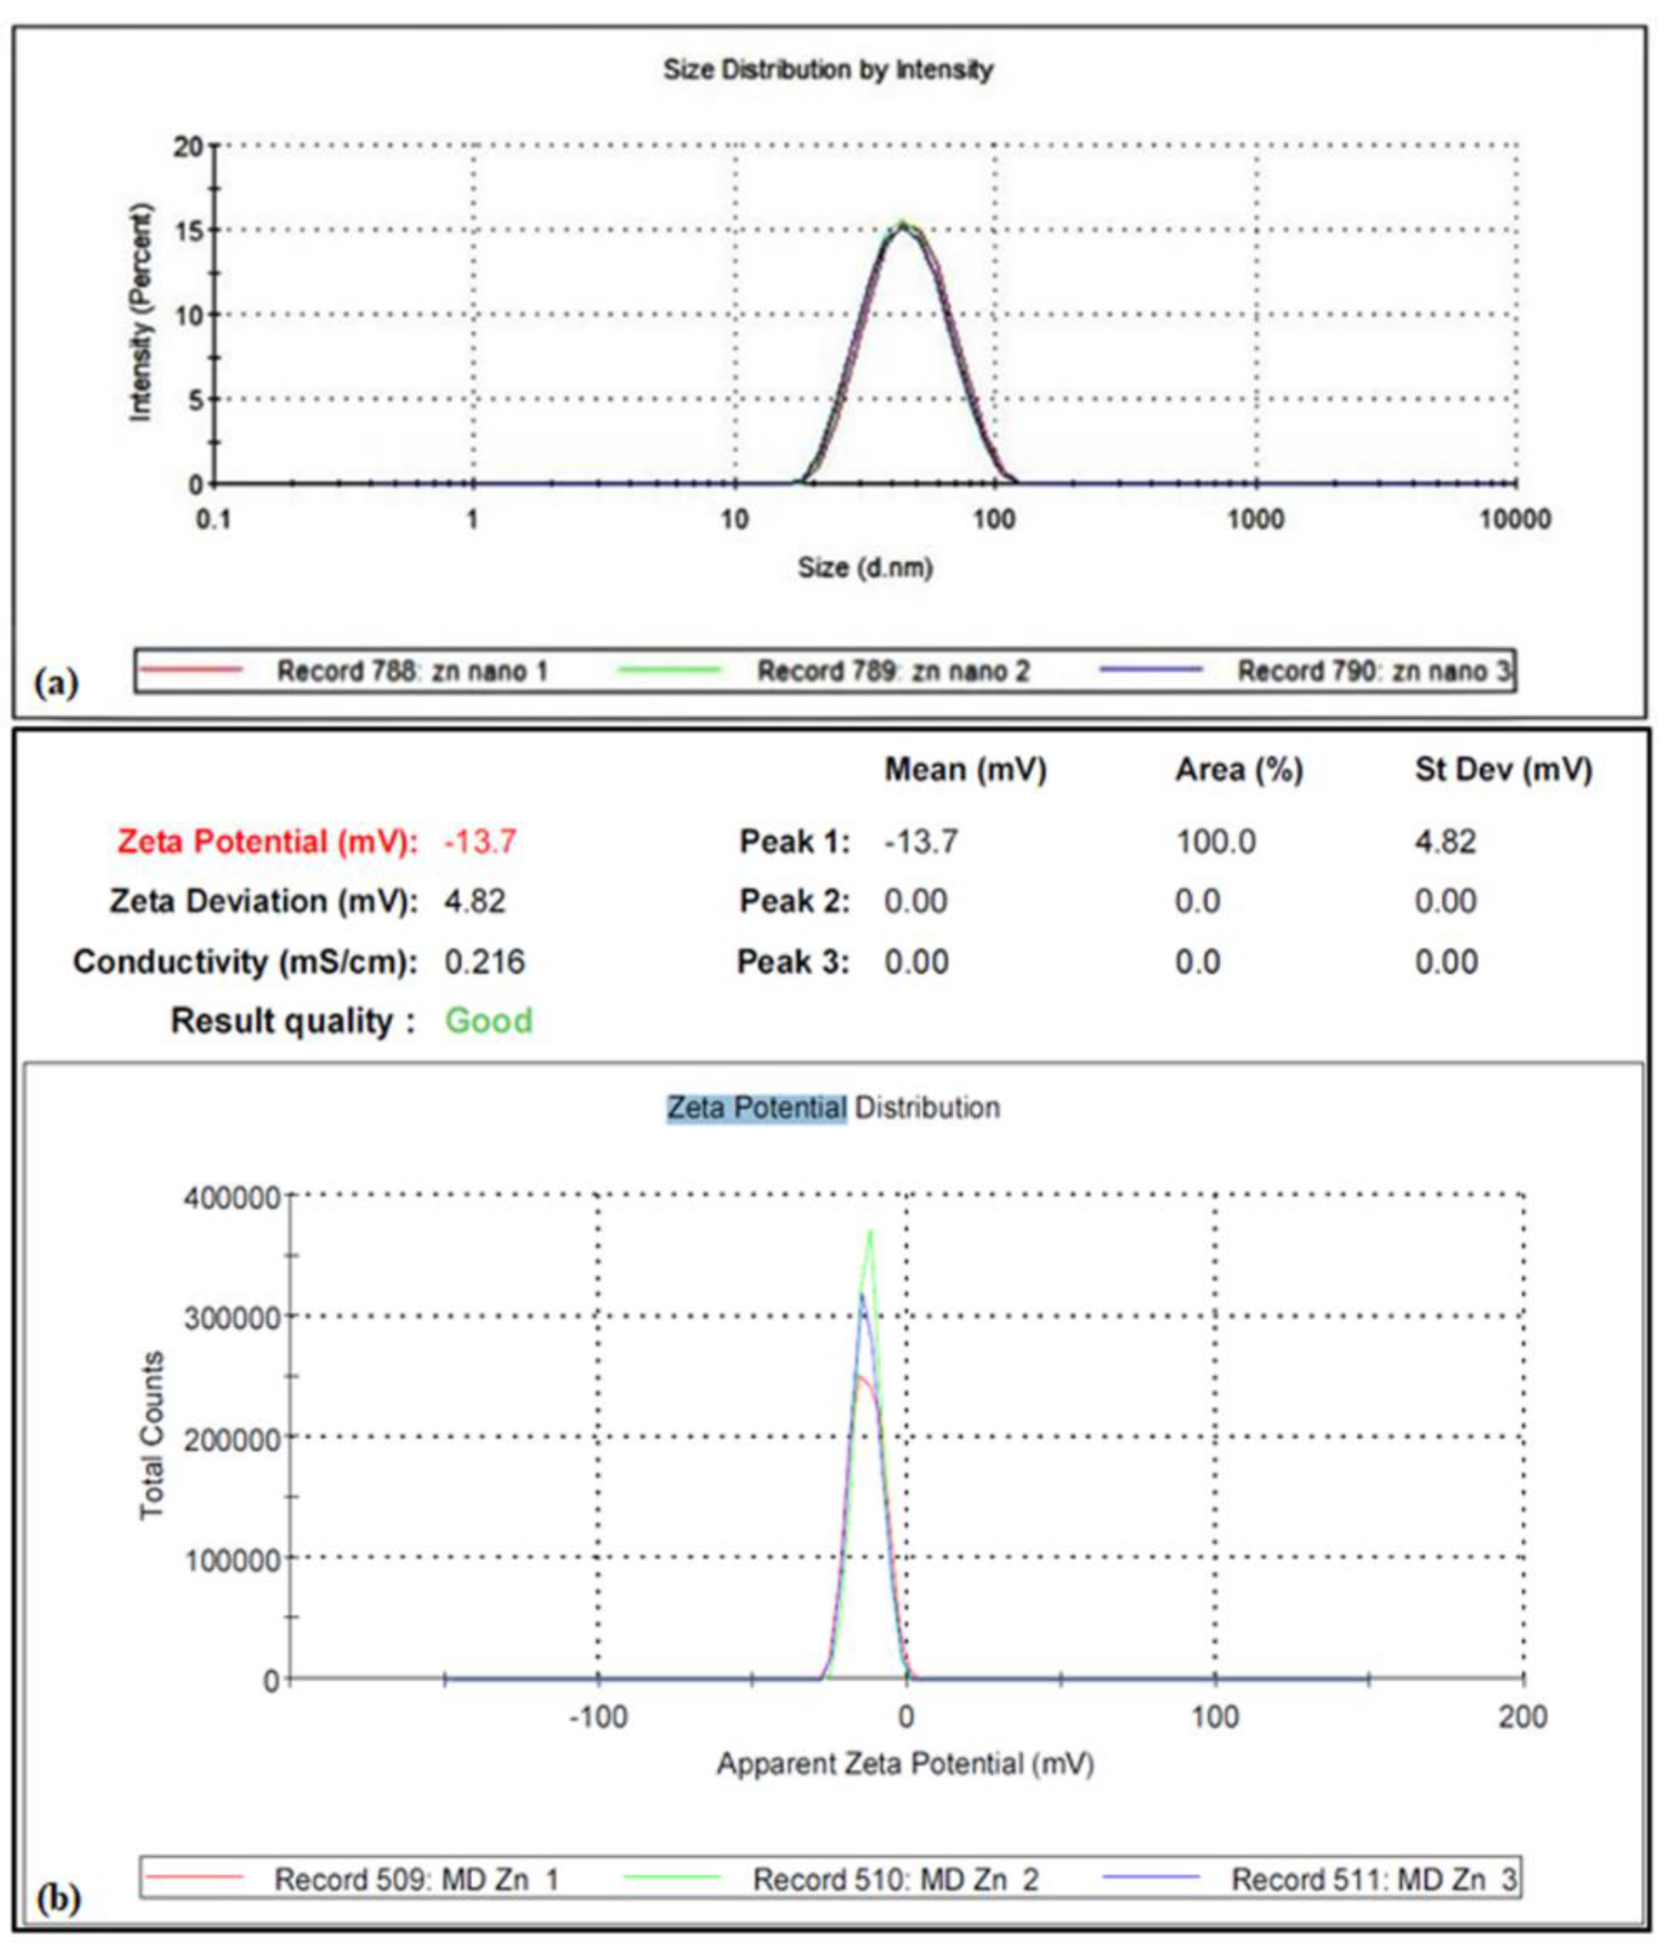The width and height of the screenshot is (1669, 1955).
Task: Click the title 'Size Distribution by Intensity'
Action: [828, 70]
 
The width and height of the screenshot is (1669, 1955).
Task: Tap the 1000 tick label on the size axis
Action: [1256, 520]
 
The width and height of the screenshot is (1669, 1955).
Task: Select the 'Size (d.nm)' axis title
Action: [865, 568]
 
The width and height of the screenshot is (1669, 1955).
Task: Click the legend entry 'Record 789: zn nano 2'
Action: [892, 671]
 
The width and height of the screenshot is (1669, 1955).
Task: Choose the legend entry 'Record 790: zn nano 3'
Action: [1374, 671]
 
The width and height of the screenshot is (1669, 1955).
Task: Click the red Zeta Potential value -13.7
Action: [480, 841]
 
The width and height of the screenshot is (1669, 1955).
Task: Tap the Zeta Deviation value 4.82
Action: [475, 901]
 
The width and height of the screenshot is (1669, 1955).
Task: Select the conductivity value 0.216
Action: [484, 961]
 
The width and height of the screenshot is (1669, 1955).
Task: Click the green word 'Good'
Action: [488, 1021]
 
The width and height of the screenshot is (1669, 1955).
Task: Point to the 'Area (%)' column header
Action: [1238, 770]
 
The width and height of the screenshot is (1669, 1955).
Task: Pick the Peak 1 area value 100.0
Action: [1215, 841]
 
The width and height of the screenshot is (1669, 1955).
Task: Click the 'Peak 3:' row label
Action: [792, 961]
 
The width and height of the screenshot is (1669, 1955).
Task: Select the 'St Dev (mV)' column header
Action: [1503, 770]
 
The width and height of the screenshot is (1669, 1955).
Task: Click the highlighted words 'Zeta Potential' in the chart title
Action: [757, 1106]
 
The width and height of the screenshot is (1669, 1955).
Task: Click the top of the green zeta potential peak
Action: [869, 1232]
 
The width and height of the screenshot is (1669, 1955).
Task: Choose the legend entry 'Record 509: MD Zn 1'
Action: [415, 1880]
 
